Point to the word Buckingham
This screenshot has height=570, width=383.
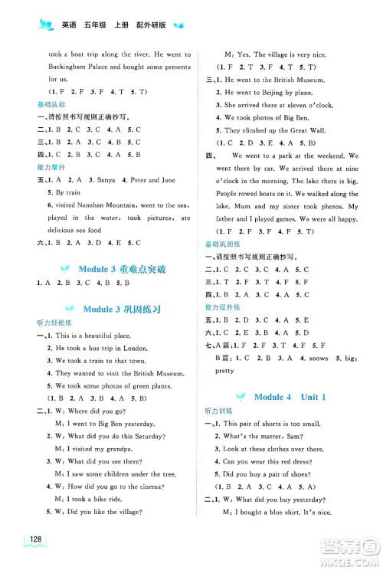tap(74, 67)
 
